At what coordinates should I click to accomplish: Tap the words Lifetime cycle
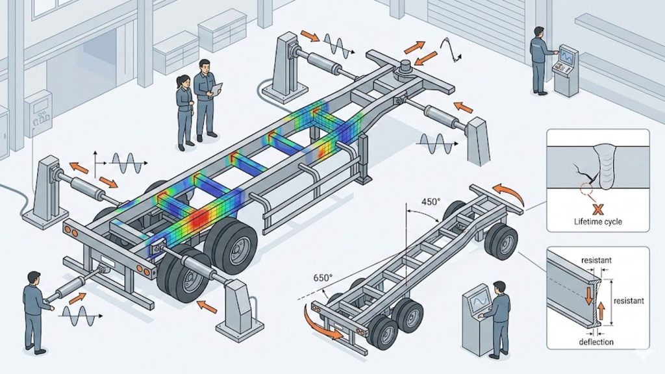point(598,222)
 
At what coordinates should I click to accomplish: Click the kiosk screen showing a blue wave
point(477,303)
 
